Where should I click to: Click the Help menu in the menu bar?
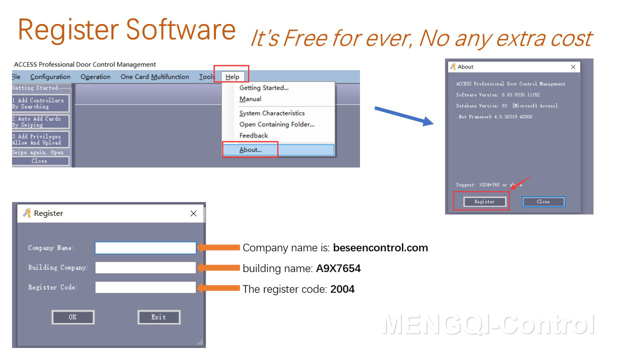(232, 77)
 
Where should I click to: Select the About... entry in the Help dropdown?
(250, 149)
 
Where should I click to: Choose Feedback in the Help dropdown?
(253, 135)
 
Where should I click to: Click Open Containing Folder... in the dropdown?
(276, 124)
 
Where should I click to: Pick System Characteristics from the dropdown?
(271, 113)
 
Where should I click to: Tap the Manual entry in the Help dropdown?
(250, 99)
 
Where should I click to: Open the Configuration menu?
(50, 77)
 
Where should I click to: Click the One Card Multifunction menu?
(154, 77)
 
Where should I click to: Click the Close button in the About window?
(543, 201)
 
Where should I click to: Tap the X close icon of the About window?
(573, 67)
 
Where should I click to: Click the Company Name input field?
(145, 248)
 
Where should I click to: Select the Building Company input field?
(145, 267)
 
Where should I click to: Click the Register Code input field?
(145, 287)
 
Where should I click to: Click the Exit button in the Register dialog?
(158, 317)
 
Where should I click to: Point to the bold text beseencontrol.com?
(380, 248)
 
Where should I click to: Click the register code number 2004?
(342, 289)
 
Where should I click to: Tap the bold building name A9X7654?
(338, 268)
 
